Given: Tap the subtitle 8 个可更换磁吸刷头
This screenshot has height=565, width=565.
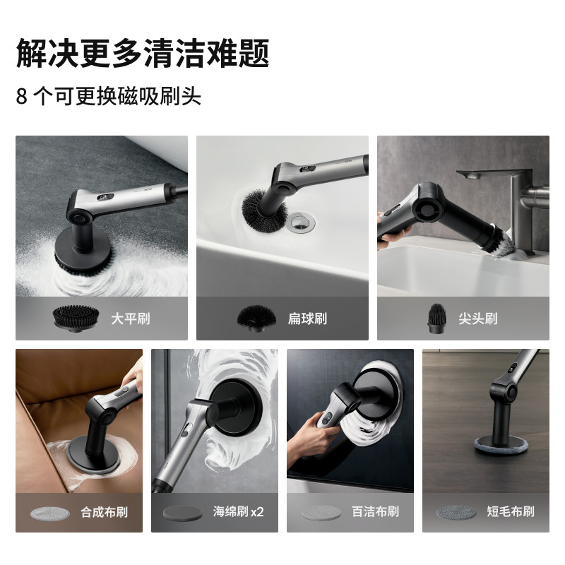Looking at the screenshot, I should (109, 95).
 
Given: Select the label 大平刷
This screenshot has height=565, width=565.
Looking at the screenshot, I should (130, 319).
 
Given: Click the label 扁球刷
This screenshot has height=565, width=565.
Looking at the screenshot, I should (311, 319).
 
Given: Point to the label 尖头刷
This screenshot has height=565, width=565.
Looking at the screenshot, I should (478, 319).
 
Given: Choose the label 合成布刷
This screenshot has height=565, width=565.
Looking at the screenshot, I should (104, 512).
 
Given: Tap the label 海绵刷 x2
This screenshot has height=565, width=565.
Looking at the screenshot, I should (238, 512).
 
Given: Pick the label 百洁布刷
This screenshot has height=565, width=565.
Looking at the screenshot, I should (375, 512).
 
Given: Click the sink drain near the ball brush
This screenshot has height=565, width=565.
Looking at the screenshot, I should (299, 222).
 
